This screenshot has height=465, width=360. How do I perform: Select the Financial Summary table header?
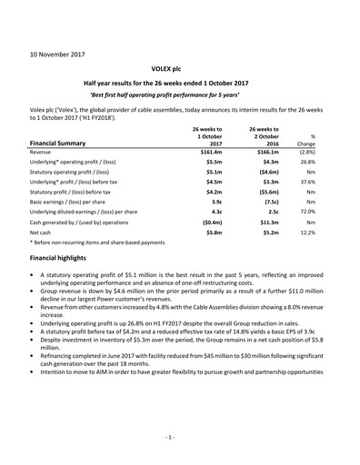tap(65, 143)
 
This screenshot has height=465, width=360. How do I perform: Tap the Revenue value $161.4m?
tap(211, 155)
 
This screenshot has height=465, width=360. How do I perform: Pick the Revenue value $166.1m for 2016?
tap(264, 155)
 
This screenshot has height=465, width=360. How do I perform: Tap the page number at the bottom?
tap(180, 438)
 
